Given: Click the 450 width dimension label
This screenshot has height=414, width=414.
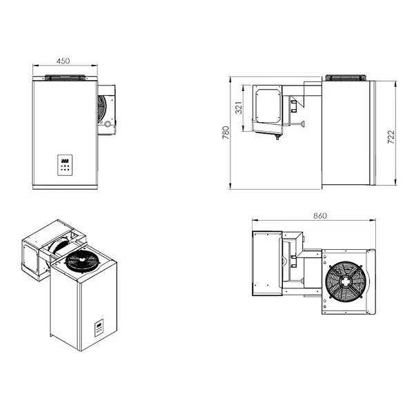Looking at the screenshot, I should pos(63,61).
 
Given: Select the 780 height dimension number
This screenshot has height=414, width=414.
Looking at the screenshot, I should pos(226,133).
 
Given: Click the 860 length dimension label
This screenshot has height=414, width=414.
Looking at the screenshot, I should pos(319,215).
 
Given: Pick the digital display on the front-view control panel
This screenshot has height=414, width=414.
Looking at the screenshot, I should pos(64,160).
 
